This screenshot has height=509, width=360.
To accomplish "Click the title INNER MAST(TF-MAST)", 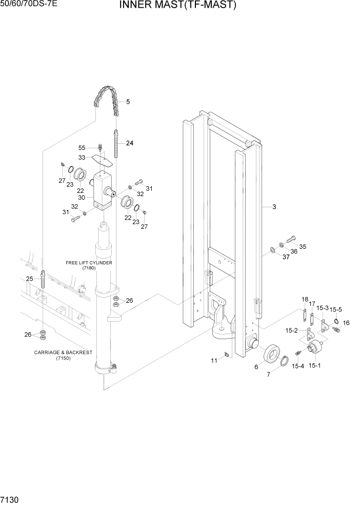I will tap(177, 6).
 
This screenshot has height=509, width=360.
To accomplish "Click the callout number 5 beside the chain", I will tap(128, 102).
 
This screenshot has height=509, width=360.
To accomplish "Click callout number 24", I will tap(129, 143).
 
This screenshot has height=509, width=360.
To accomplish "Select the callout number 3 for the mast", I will tap(274, 207).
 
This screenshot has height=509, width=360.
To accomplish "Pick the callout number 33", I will tap(82, 158).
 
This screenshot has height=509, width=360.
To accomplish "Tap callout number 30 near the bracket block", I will tap(82, 198).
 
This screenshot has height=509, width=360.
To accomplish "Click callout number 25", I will tap(30, 279).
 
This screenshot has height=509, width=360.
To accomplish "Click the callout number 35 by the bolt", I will tap(303, 247).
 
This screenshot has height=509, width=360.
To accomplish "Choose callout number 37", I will tap(286, 257).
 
